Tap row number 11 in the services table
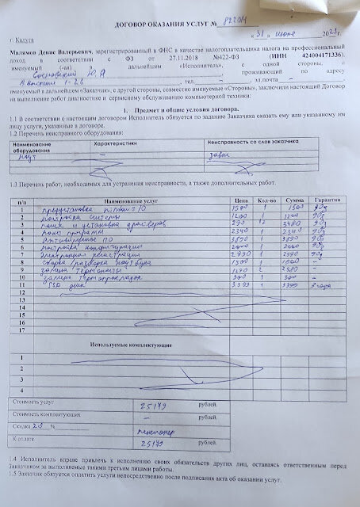[x=23, y=291]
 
